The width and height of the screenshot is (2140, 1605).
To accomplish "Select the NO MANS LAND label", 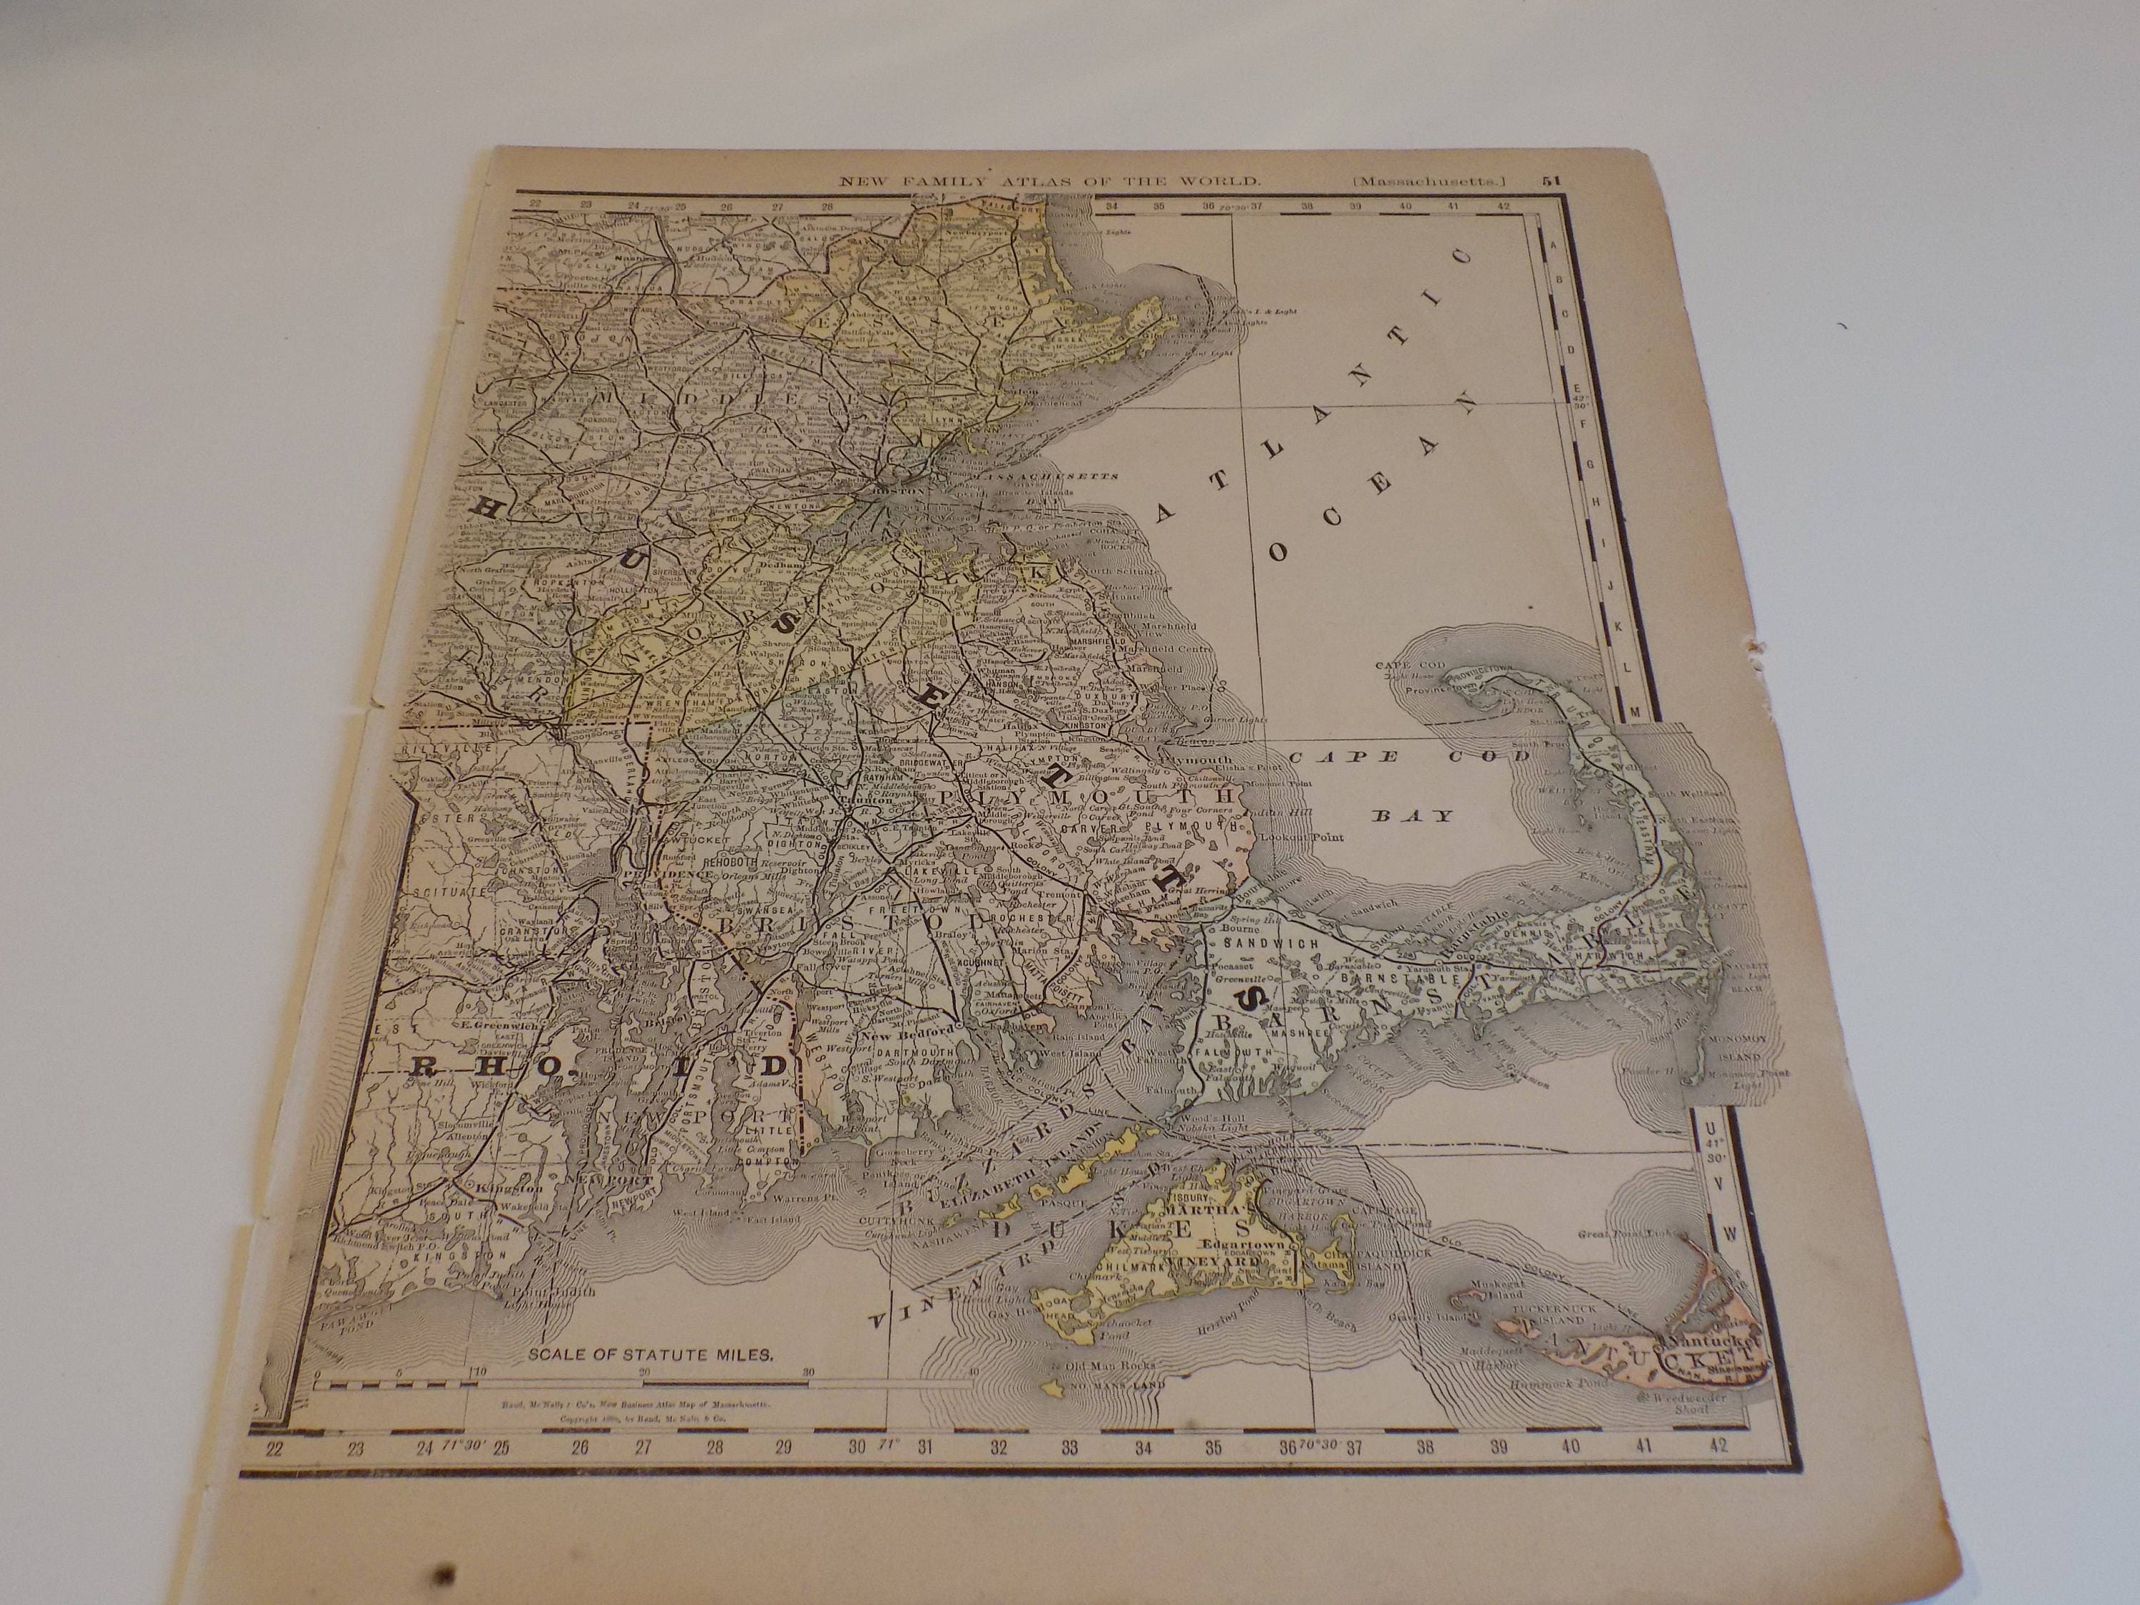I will (x=1119, y=1385).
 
